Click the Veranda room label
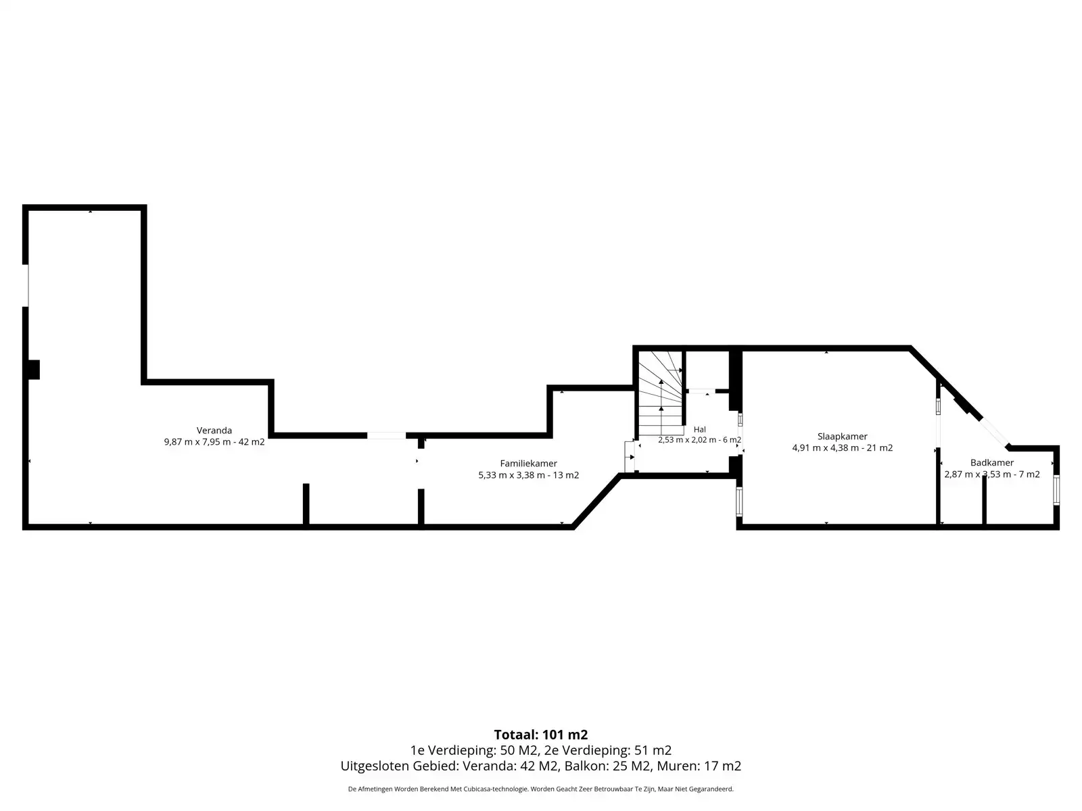point(214,431)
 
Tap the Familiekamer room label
point(528,464)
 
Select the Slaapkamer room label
point(842,437)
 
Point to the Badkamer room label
point(992,463)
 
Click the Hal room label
point(699,429)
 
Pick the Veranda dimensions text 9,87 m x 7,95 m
point(197,442)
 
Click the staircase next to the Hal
point(661,393)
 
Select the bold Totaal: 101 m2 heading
point(541,735)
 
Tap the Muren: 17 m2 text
point(699,766)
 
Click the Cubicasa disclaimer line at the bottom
point(541,789)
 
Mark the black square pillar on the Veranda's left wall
point(34,370)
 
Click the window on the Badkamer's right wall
point(1056,490)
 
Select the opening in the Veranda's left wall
point(26,286)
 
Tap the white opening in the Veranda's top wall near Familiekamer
point(386,435)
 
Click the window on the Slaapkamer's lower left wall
point(739,501)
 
